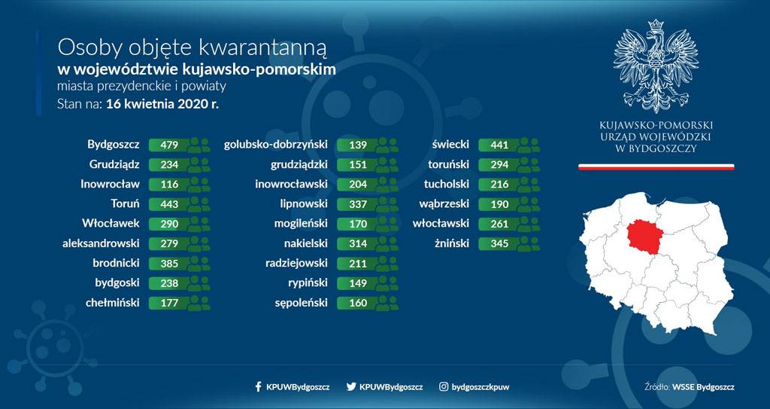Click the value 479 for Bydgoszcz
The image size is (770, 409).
169,145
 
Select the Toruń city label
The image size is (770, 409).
126,204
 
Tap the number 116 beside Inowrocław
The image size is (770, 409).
169,185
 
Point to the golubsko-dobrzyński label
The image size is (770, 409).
275,145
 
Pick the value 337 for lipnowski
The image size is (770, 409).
358,204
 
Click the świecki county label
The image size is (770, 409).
450,145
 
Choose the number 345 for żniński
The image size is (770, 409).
499,243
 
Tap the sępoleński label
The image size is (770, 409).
301,303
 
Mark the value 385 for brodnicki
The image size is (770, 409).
169,264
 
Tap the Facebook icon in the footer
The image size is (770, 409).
259,387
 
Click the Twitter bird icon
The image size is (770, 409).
351,387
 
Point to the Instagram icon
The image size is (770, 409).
444,387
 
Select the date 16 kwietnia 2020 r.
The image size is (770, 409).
162,104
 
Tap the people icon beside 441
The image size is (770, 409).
529,145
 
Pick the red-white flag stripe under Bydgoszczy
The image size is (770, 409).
656,167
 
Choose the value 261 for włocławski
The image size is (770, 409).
499,224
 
